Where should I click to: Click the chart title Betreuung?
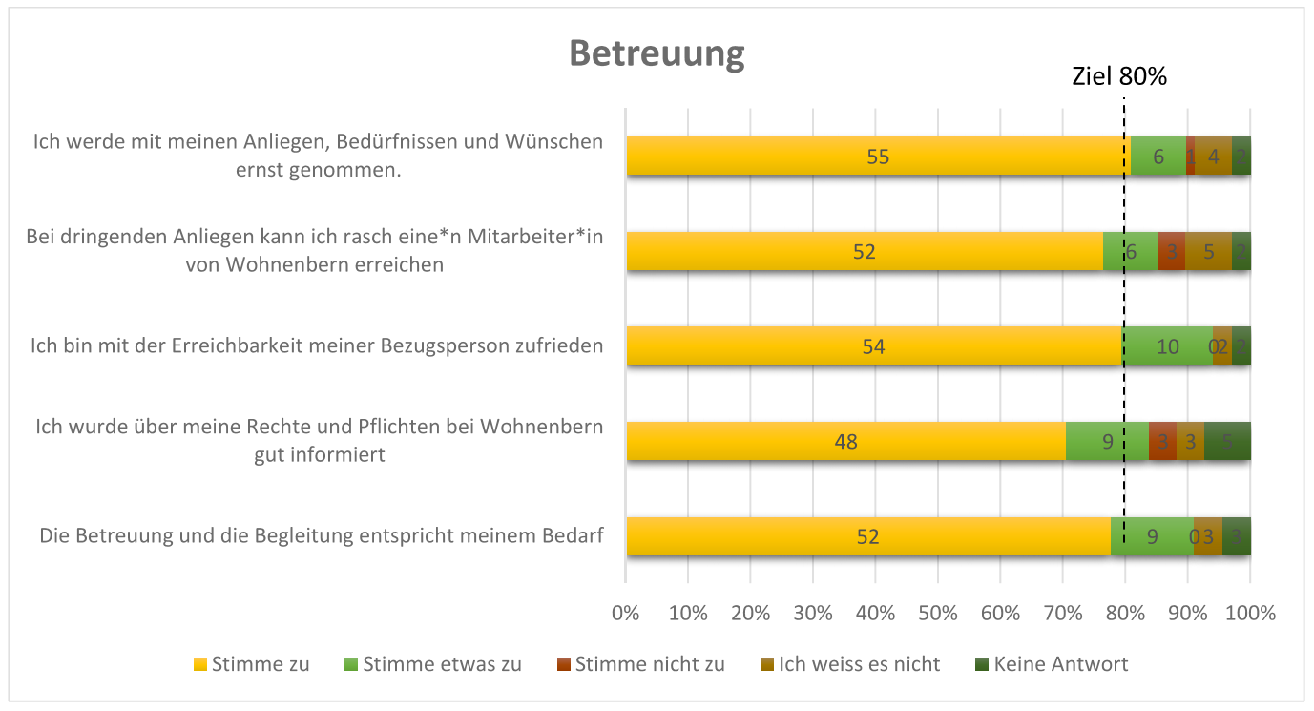pyautogui.click(x=657, y=52)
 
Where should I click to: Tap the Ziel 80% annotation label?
pyautogui.click(x=1119, y=77)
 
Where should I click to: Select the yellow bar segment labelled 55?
pyautogui.click(x=878, y=157)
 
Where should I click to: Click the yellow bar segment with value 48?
pyautogui.click(x=845, y=442)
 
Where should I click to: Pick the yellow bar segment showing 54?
pyautogui.click(x=873, y=346)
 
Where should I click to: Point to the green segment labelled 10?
pyautogui.click(x=1168, y=346)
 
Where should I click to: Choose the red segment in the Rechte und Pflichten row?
pyautogui.click(x=1162, y=442)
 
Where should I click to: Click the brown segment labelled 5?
pyautogui.click(x=1208, y=252)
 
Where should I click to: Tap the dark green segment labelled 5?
pyautogui.click(x=1227, y=442)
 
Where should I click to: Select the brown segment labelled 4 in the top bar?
pyautogui.click(x=1213, y=157)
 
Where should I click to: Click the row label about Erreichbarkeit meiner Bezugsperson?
pyautogui.click(x=317, y=345)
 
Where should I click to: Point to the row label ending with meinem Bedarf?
pyautogui.click(x=322, y=535)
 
